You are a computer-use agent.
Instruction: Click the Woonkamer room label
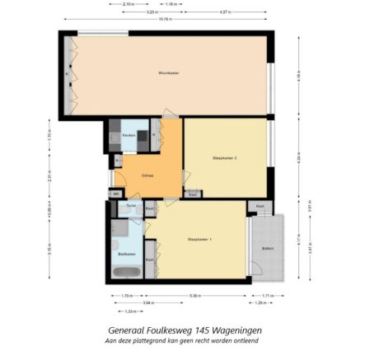tap(168, 74)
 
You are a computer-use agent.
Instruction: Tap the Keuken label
tap(129, 134)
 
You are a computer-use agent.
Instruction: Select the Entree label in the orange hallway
tap(147, 175)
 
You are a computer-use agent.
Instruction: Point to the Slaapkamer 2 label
tap(224, 157)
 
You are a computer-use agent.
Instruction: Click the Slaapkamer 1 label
tap(199, 240)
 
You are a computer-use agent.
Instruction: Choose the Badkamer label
tap(126, 255)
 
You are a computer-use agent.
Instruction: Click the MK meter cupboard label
tap(116, 194)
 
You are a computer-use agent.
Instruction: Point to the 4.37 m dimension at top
tap(225, 13)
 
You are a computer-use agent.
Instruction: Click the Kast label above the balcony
tap(260, 206)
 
